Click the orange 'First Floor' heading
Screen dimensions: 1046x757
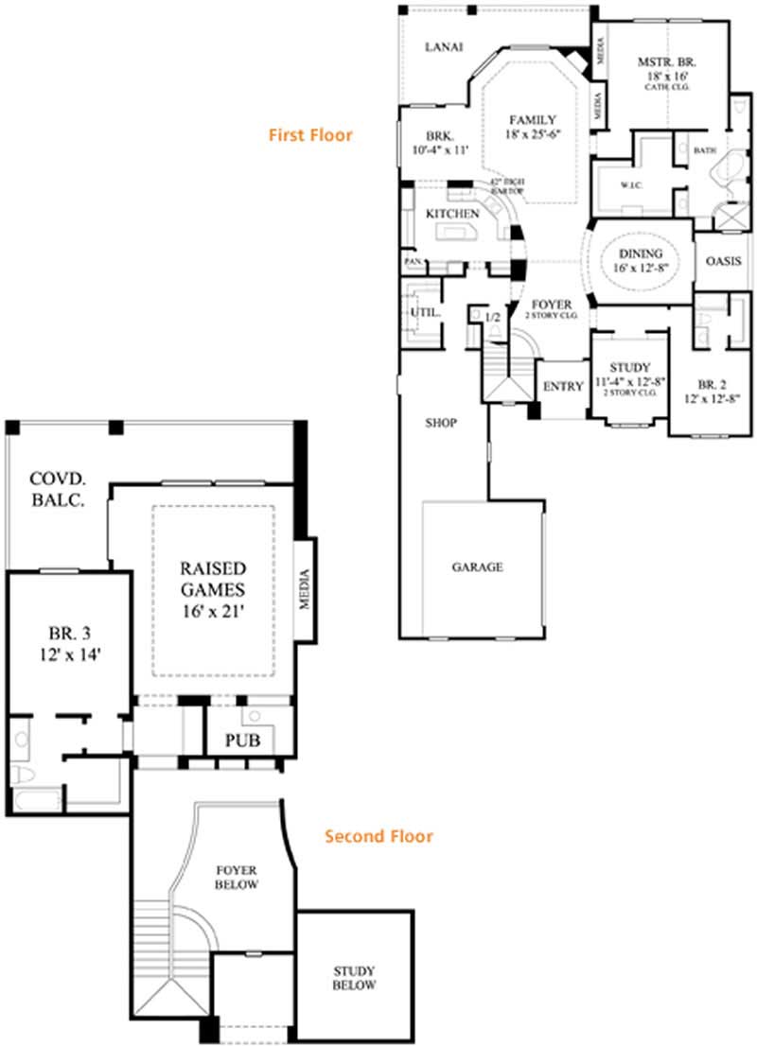[x=309, y=135]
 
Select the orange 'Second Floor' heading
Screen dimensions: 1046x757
[x=378, y=836]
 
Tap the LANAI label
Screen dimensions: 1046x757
[x=444, y=46]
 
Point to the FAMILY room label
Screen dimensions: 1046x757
[x=527, y=120]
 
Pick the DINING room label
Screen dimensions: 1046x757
[x=641, y=253]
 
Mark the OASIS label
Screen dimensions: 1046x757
[x=723, y=262]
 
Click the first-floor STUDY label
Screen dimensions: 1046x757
[x=627, y=367]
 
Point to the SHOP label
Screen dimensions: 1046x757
[x=441, y=423]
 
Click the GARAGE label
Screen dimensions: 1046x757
[x=477, y=567]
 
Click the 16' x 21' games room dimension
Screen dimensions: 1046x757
[x=214, y=612]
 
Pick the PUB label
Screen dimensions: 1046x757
[x=242, y=740]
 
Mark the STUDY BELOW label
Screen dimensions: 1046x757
[x=354, y=978]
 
